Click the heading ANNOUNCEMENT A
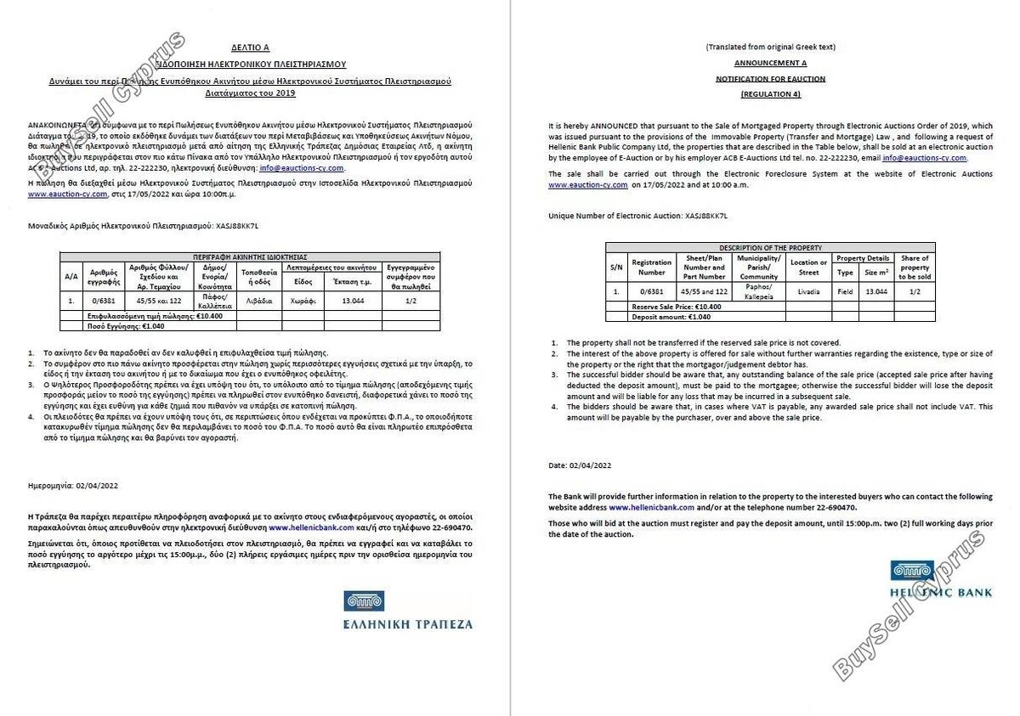(770, 63)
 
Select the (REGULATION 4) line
(770, 93)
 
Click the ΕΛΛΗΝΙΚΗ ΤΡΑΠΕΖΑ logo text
(408, 623)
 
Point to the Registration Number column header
(652, 268)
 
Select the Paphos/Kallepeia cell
(758, 291)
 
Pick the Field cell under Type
(844, 291)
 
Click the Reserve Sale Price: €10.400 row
(677, 306)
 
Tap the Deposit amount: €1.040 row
(671, 316)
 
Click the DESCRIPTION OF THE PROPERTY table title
(770, 247)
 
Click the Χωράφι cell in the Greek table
(303, 300)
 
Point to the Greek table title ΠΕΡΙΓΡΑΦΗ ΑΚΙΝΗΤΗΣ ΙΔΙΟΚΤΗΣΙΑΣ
(250, 256)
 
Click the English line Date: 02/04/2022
(580, 465)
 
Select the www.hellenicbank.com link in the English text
(652, 506)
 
